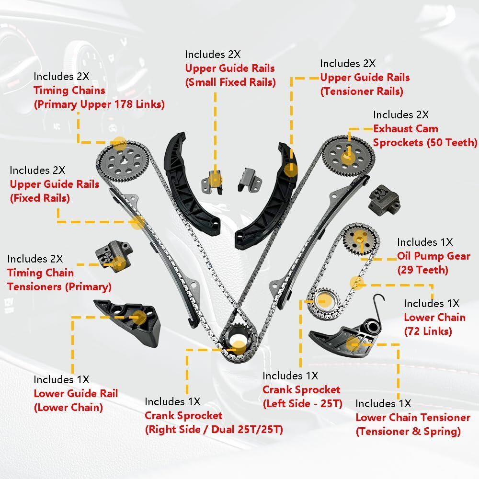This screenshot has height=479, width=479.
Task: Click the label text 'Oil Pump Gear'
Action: point(433,256)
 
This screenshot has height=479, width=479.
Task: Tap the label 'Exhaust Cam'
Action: point(406,128)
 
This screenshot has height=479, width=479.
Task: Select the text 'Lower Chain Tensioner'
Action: point(413,417)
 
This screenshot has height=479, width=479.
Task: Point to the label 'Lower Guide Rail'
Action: point(76,393)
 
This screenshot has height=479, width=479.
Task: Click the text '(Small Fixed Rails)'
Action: point(230,82)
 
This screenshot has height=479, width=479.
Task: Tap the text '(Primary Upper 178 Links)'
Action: point(99,104)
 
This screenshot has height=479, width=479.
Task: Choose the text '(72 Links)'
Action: point(428,331)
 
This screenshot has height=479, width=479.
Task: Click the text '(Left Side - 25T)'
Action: point(302,403)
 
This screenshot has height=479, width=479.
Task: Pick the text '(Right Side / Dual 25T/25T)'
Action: point(214,429)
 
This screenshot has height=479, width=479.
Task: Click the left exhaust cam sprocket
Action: point(123,161)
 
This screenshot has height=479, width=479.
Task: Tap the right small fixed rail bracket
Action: point(250,180)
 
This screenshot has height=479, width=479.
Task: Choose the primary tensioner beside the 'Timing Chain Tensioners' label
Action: point(114,256)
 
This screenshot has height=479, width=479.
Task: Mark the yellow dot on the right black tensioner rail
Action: point(291,170)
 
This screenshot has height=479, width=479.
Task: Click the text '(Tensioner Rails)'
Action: point(362,91)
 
